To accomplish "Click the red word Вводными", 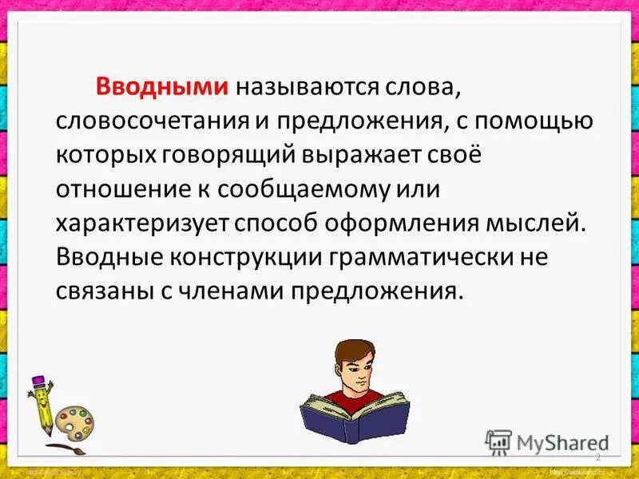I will (162, 87).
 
